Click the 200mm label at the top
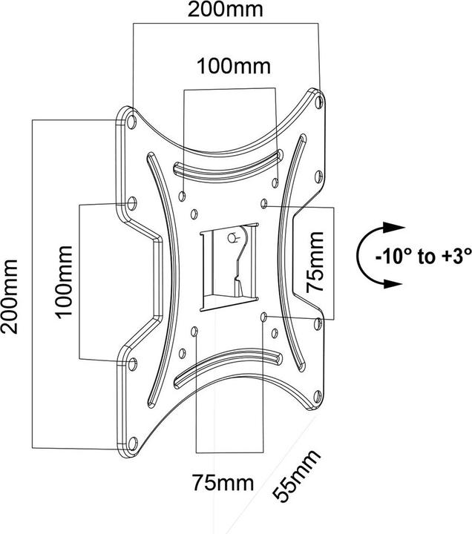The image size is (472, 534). click(x=226, y=10)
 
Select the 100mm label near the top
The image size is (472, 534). click(x=234, y=66)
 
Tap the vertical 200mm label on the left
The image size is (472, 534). click(x=9, y=296)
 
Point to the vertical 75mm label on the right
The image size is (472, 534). click(x=315, y=262)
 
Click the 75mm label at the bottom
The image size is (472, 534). click(x=223, y=483)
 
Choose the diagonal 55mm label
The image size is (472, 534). click(x=297, y=476)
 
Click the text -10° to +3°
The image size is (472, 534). click(x=423, y=256)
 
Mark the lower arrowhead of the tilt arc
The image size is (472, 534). click(x=393, y=283)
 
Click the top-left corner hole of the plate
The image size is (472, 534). click(x=131, y=120)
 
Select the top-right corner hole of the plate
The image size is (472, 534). click(x=319, y=102)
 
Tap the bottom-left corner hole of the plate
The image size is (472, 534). click(x=132, y=443)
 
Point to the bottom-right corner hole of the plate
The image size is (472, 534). click(x=317, y=396)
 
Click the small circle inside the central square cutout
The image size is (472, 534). click(x=232, y=237)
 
